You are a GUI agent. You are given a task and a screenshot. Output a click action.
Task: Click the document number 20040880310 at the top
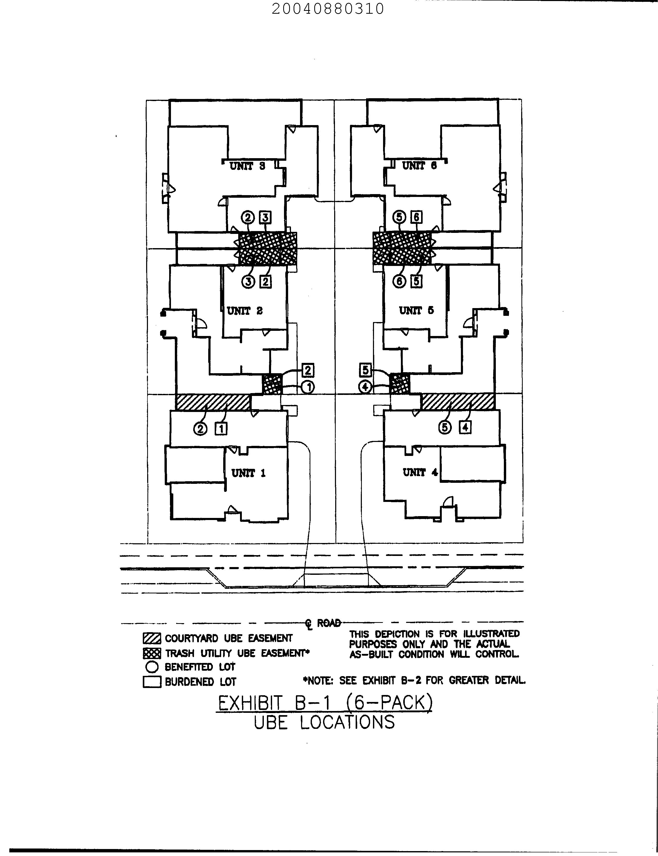[x=327, y=9]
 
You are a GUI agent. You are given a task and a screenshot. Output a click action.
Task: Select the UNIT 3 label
[x=247, y=166]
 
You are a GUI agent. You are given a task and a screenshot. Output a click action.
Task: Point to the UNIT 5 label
[x=416, y=311]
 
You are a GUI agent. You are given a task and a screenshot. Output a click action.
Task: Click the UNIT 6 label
[x=419, y=166]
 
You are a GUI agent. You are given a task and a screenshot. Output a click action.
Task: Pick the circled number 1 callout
[x=308, y=387]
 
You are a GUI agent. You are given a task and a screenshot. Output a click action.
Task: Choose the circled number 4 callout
[x=365, y=387]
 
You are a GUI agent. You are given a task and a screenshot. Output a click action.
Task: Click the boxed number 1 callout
[x=221, y=429]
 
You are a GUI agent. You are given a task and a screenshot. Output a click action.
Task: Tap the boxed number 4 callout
[x=465, y=427]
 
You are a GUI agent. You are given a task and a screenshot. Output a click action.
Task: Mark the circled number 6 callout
[x=399, y=281]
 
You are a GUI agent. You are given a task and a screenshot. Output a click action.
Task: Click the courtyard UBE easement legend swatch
[x=152, y=638]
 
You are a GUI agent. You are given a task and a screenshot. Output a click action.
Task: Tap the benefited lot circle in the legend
[x=152, y=667]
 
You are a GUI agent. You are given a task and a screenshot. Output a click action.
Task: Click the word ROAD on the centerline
[x=328, y=623]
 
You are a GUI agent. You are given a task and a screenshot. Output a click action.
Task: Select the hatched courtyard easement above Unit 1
[x=213, y=402]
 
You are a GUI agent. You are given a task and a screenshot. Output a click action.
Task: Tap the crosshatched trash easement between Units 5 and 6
[x=402, y=248]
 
